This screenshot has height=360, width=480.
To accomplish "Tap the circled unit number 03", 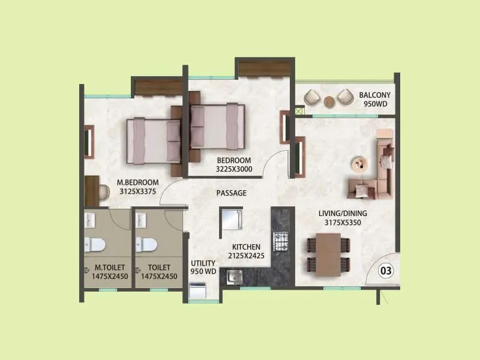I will (386, 271).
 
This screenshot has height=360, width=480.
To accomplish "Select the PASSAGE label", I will (232, 193).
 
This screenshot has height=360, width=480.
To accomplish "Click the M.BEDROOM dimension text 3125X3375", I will (137, 192).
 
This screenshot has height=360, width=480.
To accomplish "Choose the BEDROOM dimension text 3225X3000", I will (234, 170).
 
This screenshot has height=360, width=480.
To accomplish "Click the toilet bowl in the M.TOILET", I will (95, 243).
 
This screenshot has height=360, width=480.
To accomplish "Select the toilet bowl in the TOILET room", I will (146, 243).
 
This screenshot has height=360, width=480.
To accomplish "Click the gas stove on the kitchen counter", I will (281, 242).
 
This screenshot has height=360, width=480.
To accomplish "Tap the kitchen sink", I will (232, 277).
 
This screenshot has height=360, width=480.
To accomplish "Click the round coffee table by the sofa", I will (360, 163).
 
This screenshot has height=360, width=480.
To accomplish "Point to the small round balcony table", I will (329, 101).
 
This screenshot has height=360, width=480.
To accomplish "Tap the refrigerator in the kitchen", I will (231, 218).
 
